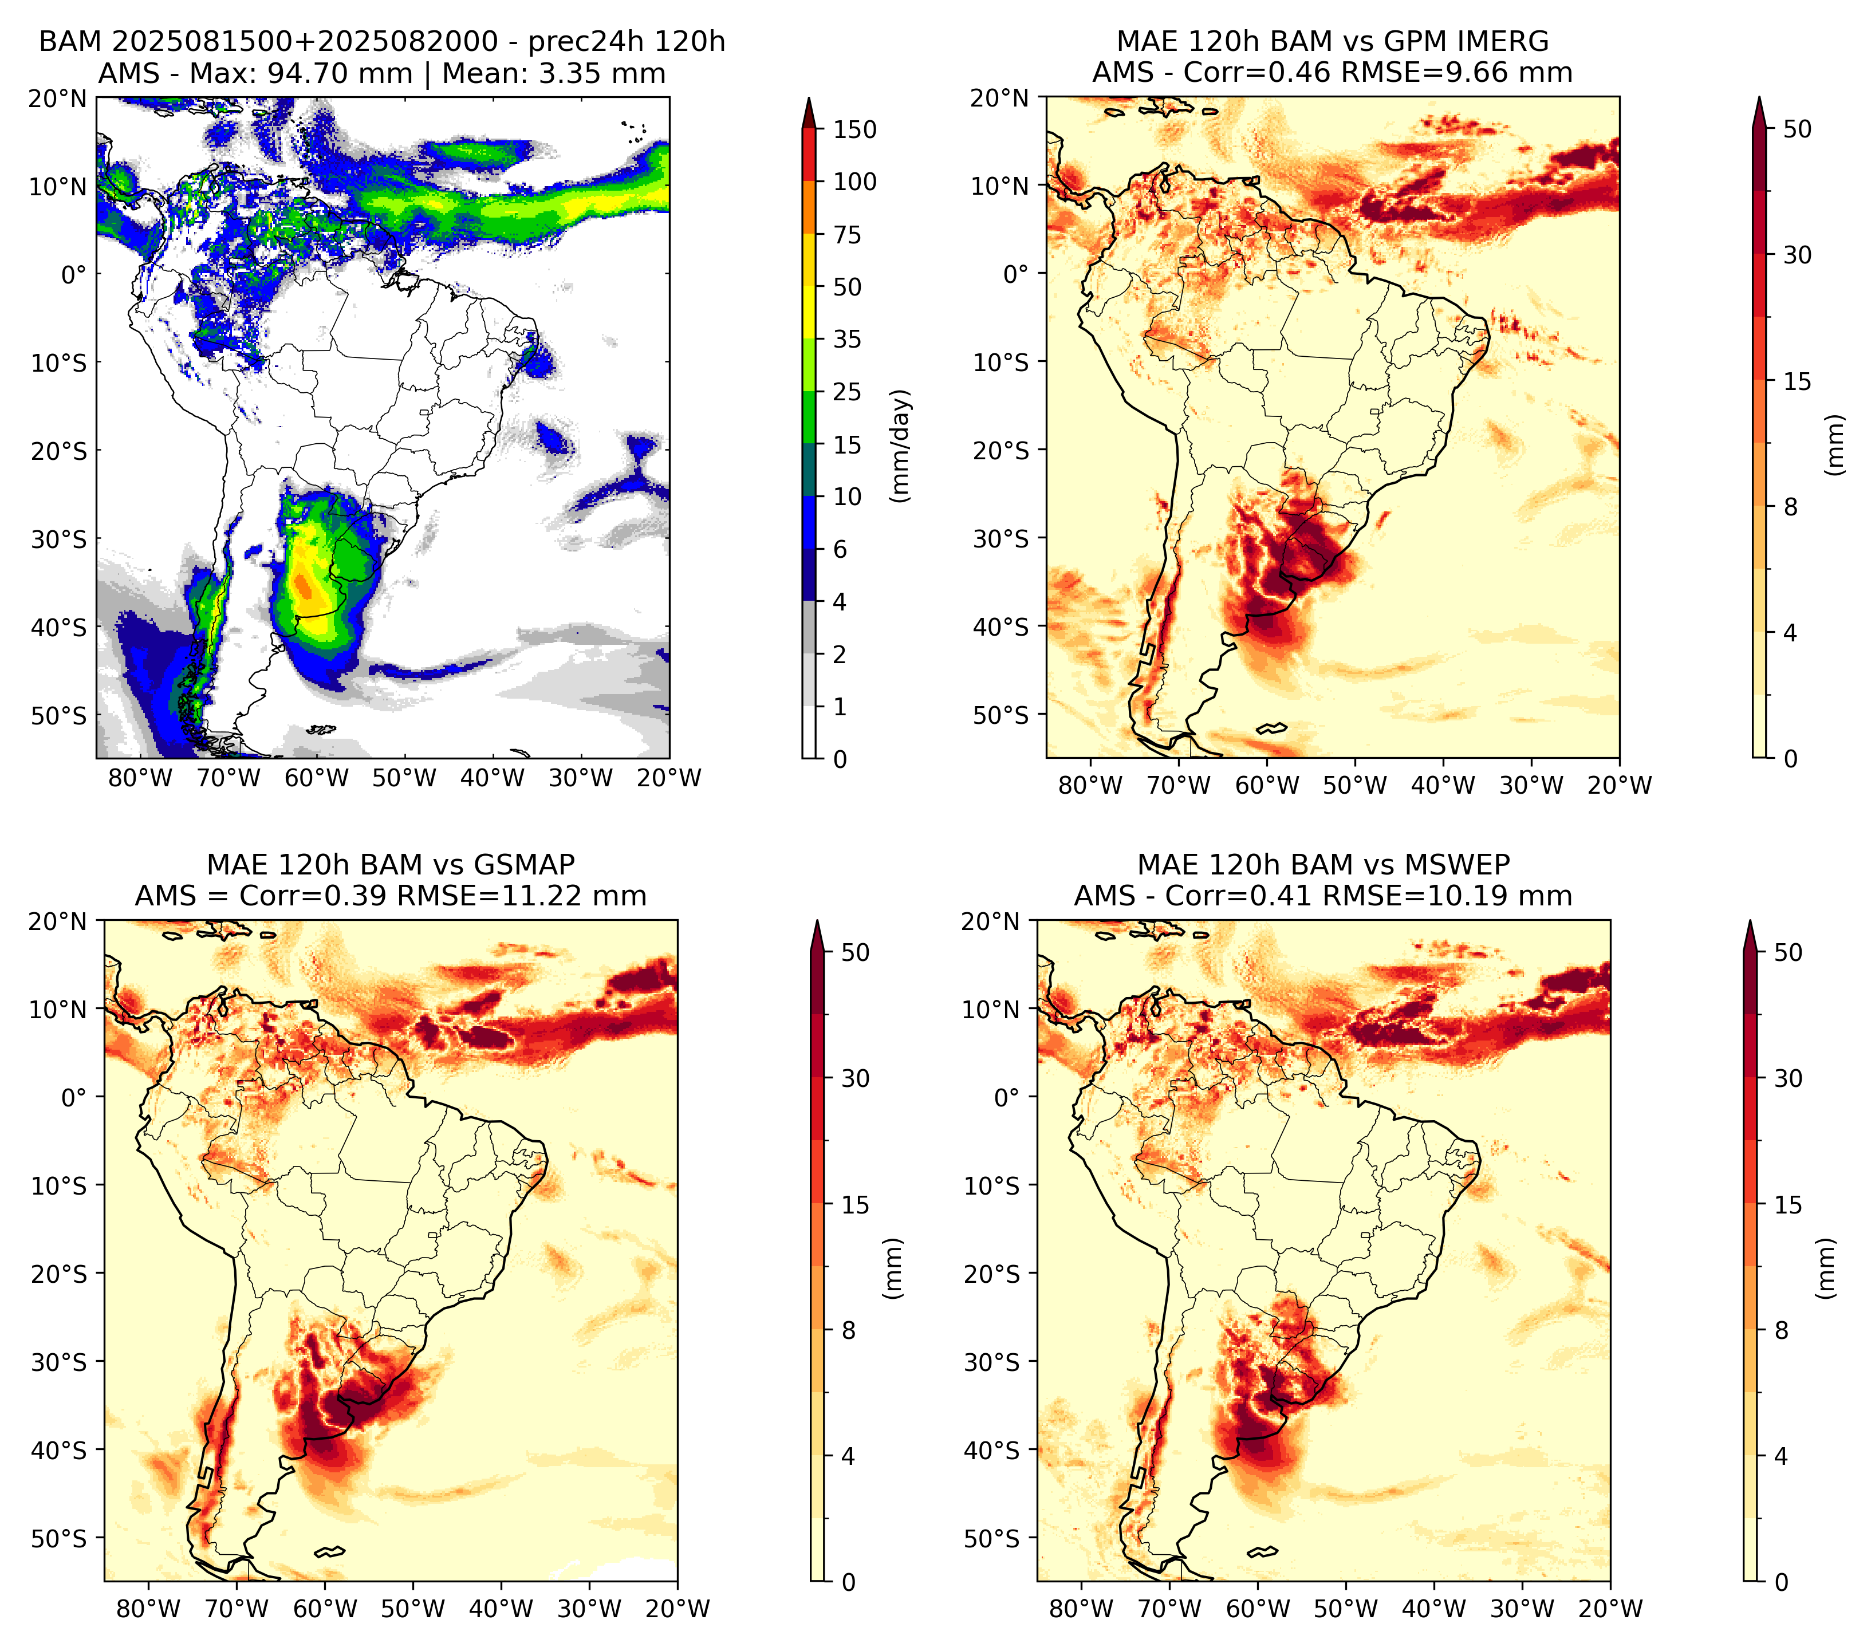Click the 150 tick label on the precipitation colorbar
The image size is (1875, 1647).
point(855,129)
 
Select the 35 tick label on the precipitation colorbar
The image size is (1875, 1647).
point(848,339)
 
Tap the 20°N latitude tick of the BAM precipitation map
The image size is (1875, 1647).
point(58,98)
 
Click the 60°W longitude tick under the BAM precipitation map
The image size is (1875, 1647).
point(317,779)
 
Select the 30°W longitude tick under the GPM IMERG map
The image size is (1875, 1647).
point(1531,785)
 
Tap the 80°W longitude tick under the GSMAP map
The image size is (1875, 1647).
point(148,1609)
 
